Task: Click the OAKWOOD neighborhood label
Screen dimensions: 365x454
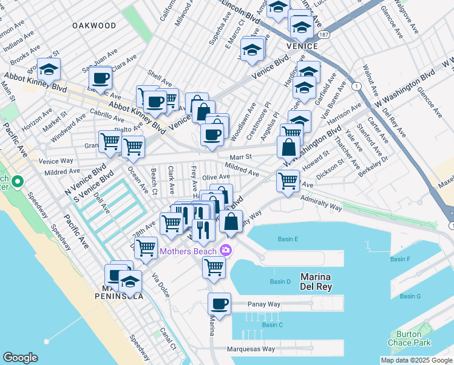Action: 93,26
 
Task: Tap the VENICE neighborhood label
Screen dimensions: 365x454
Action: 302,46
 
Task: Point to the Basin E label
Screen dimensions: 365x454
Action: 288,239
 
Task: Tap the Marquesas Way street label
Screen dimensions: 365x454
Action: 251,349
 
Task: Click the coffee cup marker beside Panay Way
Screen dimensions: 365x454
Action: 219,304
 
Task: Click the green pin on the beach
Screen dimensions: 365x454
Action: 18,182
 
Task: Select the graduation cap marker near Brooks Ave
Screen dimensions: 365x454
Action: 49,69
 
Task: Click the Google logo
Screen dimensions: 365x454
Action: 20,358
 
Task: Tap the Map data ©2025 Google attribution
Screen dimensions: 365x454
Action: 416,360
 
